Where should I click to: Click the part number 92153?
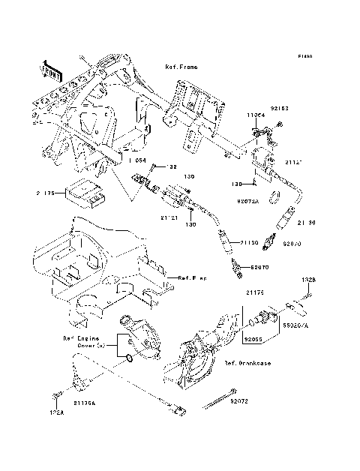[x=278, y=109]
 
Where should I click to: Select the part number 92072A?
[x=247, y=202]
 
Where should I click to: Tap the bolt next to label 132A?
[x=55, y=394]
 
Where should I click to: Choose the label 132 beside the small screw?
[x=171, y=167]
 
